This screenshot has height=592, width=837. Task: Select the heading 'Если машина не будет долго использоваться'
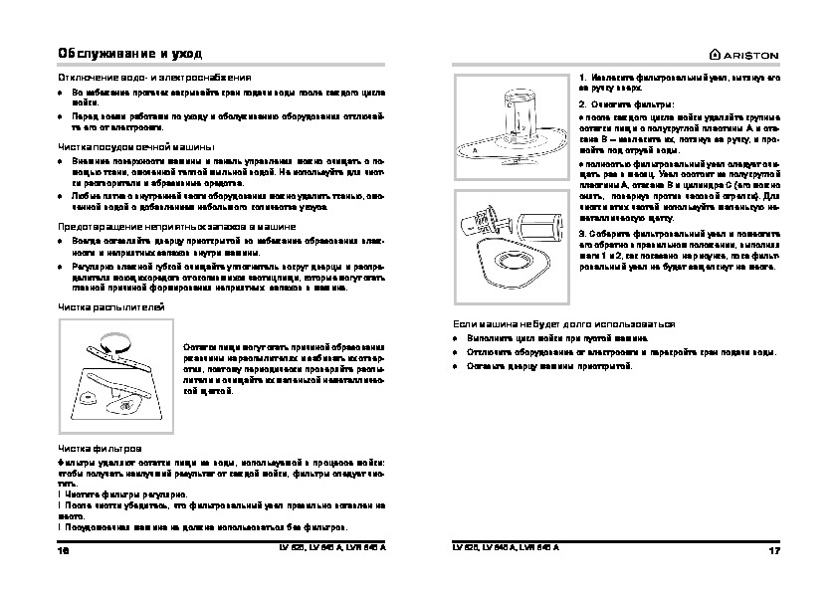pyautogui.click(x=564, y=324)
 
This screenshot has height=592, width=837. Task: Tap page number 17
pyautogui.click(x=772, y=550)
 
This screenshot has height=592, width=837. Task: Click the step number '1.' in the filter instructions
pyautogui.click(x=582, y=77)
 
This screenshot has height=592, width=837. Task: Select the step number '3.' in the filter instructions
pyautogui.click(x=582, y=232)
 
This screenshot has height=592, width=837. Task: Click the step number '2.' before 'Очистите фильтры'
pyautogui.click(x=582, y=103)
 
